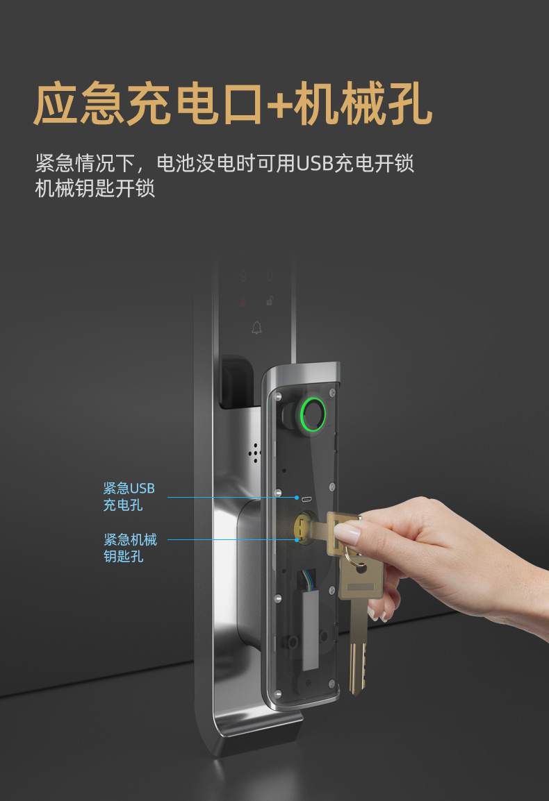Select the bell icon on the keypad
[257, 328]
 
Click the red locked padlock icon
[243, 302]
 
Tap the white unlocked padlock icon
[270, 301]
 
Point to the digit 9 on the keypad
[243, 276]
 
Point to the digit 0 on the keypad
[270, 276]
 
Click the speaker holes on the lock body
[255, 453]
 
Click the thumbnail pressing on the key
[347, 534]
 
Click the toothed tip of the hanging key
[357, 668]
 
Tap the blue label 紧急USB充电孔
[129, 496]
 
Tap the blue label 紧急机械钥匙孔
[130, 548]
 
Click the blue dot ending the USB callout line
[297, 498]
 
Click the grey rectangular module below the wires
[311, 630]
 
